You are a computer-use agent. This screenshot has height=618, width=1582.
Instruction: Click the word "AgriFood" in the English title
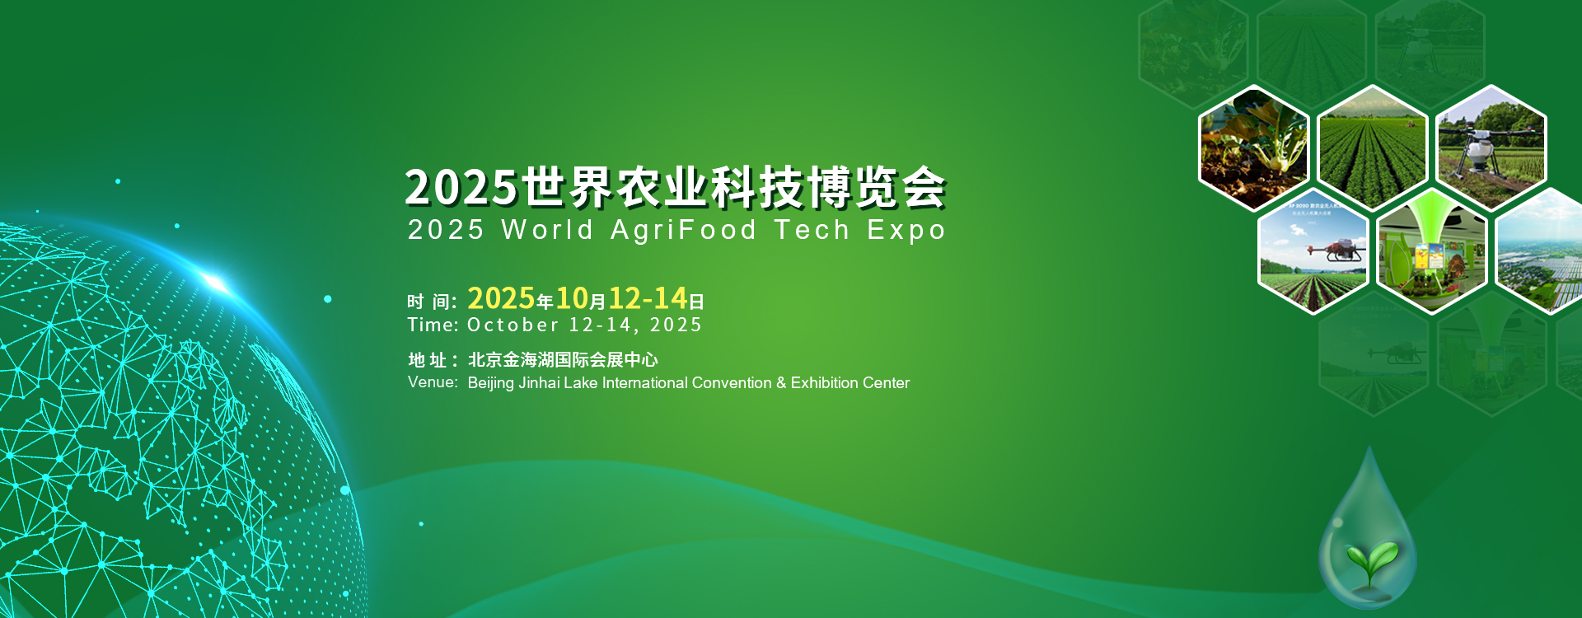(683, 231)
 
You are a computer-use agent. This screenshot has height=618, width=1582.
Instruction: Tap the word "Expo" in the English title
(906, 231)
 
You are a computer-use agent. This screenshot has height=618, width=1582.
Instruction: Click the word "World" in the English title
(547, 229)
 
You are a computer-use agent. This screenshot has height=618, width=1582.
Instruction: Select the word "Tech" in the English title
(812, 229)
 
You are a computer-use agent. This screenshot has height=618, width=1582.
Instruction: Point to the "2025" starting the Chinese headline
(461, 187)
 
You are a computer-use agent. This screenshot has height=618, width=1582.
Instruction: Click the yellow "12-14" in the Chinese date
(648, 297)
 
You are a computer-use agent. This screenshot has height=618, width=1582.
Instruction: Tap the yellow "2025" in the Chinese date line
(502, 297)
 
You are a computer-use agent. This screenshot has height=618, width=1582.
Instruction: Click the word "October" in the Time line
(513, 325)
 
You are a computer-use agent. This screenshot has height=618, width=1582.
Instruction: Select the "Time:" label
(433, 325)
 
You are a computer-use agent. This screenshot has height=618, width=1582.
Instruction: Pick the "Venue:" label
(433, 382)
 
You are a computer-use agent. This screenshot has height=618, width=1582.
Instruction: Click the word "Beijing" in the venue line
(491, 383)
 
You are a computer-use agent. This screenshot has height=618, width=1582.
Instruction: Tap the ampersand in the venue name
(780, 382)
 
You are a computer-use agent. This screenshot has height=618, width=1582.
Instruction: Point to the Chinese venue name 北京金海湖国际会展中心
(563, 359)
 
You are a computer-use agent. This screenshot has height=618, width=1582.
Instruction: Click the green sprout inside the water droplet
(1371, 561)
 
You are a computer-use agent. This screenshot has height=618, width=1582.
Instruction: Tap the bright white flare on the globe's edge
(215, 283)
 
